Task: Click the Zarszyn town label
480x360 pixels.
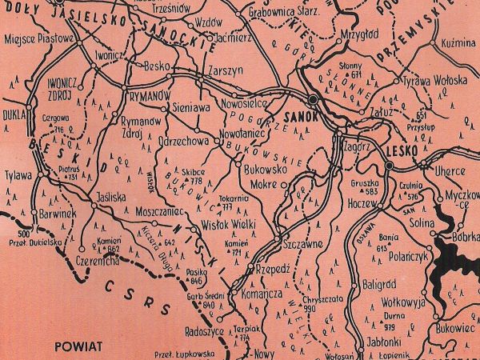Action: click(225, 70)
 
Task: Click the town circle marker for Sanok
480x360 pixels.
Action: click(313, 98)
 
